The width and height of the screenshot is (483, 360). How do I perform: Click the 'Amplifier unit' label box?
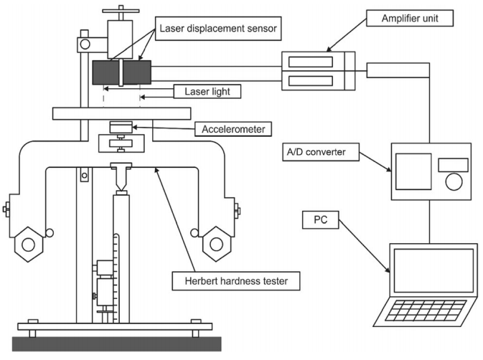(x=410, y=18)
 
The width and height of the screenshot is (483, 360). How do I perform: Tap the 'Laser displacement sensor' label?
(x=218, y=28)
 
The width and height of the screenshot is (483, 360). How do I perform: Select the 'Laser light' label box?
(x=207, y=91)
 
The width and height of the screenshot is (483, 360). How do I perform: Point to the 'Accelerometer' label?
(x=233, y=129)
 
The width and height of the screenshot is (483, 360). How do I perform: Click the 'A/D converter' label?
(x=321, y=152)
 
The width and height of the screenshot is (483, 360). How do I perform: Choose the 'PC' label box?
(x=320, y=219)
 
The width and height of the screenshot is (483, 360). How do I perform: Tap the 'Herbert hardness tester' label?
(x=236, y=280)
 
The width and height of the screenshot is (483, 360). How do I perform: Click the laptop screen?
(x=433, y=270)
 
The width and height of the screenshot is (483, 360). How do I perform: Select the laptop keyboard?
(x=426, y=311)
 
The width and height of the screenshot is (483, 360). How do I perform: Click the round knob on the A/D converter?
(x=454, y=181)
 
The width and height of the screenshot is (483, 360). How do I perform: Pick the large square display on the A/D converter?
(x=413, y=171)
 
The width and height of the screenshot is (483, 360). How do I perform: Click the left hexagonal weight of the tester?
(x=28, y=245)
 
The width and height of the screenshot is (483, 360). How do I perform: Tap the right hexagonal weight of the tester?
(x=217, y=244)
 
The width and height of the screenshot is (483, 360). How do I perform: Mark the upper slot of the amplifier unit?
(x=311, y=62)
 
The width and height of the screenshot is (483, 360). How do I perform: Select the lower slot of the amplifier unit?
(x=311, y=80)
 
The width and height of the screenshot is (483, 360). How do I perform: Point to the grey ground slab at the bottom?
(x=117, y=344)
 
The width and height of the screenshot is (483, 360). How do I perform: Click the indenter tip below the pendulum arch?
(x=121, y=190)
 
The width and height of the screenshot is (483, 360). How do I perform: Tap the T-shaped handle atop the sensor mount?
(x=121, y=11)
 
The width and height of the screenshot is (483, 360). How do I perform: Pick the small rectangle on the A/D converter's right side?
(x=453, y=165)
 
